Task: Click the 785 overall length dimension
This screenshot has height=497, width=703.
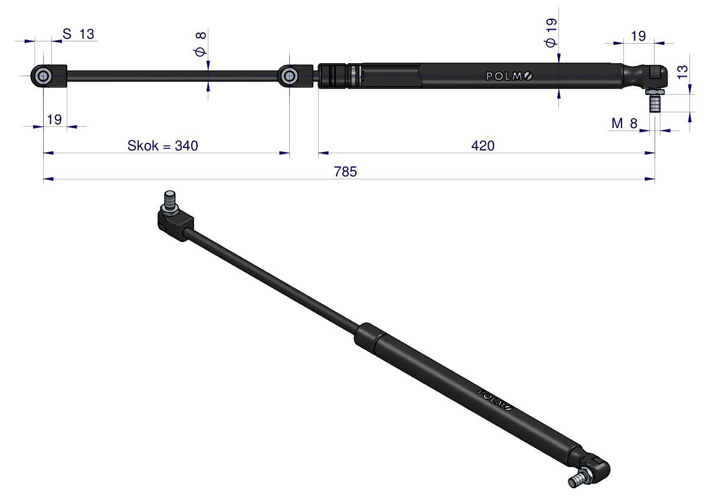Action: coord(345,172)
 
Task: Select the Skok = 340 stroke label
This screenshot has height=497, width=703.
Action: coord(162,146)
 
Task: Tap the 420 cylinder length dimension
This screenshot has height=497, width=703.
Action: coord(483,146)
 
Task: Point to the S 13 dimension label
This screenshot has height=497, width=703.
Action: coord(79,34)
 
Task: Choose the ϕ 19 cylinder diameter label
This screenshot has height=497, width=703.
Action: coord(551,32)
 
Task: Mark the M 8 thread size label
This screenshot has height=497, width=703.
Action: coord(624,123)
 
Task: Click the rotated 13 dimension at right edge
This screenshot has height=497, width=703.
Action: coord(682,72)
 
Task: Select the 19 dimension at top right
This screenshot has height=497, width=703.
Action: coord(638,36)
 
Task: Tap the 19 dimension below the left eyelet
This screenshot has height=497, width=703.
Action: coord(54,120)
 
